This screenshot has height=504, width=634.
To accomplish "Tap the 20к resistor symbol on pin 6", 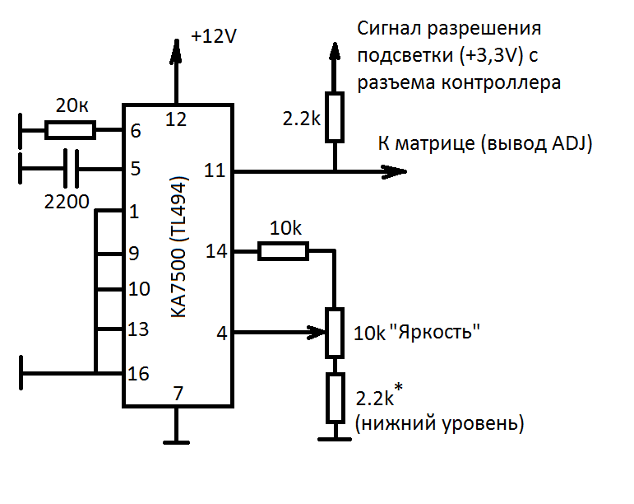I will [x=70, y=129].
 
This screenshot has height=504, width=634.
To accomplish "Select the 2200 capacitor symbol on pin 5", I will [x=72, y=170].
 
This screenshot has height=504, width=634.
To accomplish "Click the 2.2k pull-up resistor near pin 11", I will [x=334, y=117].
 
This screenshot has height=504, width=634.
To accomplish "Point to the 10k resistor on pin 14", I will [x=283, y=250].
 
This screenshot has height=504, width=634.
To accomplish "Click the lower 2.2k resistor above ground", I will [x=335, y=397].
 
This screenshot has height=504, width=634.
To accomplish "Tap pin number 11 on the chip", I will [x=214, y=171].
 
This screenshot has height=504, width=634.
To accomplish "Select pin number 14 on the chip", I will [x=215, y=250].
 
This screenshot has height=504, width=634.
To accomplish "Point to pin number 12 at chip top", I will [x=175, y=118].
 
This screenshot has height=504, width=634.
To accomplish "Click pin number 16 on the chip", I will [x=139, y=374].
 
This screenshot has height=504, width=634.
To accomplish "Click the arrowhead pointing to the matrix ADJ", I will [x=395, y=171].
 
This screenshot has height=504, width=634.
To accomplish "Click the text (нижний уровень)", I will [x=438, y=424].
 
